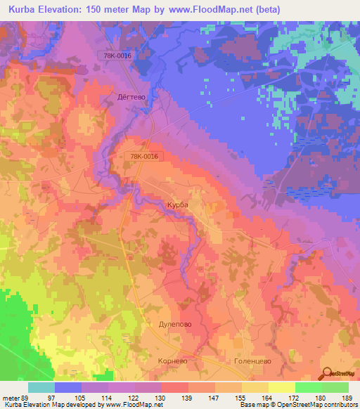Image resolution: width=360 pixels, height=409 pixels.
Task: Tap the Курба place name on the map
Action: pos(177,204)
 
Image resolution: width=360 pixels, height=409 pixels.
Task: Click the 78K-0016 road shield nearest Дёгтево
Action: pos(116,56)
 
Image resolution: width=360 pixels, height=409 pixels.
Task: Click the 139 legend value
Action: pos(188,397)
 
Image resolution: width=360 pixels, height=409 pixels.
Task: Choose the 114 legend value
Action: pos(107,397)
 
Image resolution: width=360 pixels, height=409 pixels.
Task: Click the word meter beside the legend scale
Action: pos(11,397)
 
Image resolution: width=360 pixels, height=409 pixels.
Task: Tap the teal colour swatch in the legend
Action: pos(41,387)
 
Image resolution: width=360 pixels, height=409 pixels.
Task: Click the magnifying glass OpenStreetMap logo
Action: pos(328,375)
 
